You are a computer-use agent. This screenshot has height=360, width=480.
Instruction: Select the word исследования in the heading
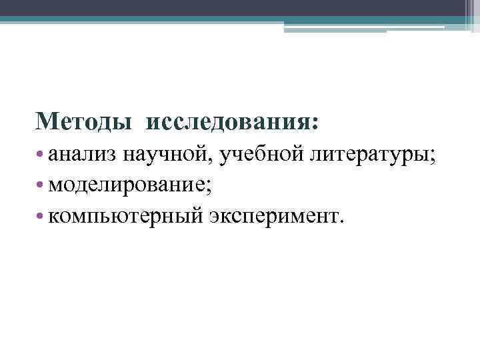[x=227, y=121]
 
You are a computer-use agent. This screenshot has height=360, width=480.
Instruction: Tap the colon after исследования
[x=315, y=124]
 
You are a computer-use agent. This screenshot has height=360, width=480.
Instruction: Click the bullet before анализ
[x=41, y=156]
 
